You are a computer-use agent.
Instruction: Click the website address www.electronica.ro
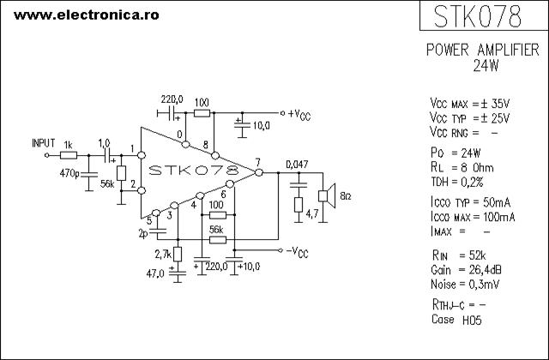[x=86, y=15]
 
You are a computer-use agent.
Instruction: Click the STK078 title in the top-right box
[x=478, y=16]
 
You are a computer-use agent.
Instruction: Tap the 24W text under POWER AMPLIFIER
[x=486, y=65]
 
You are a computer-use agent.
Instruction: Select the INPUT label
[x=44, y=143]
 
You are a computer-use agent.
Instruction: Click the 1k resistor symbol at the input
[x=69, y=155]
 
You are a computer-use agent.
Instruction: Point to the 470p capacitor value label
[x=69, y=173]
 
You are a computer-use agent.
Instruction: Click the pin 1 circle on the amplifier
[x=142, y=155]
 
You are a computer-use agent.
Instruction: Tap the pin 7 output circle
[x=259, y=172]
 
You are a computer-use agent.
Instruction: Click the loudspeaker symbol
[x=327, y=196]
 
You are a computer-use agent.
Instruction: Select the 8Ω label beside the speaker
[x=345, y=196]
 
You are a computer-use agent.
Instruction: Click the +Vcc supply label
[x=299, y=114]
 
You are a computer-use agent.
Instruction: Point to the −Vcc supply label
[x=298, y=252]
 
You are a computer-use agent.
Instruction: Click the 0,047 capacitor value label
[x=297, y=164]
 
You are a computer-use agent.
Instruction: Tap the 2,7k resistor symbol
[x=178, y=255]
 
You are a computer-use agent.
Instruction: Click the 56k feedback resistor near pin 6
[x=217, y=240]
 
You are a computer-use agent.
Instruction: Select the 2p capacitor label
[x=143, y=234]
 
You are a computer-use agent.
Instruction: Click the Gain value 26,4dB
[x=485, y=270]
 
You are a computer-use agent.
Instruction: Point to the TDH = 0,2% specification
[x=457, y=182]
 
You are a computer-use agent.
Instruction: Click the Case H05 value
[x=472, y=320]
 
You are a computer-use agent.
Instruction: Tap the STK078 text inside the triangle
[x=194, y=170]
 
